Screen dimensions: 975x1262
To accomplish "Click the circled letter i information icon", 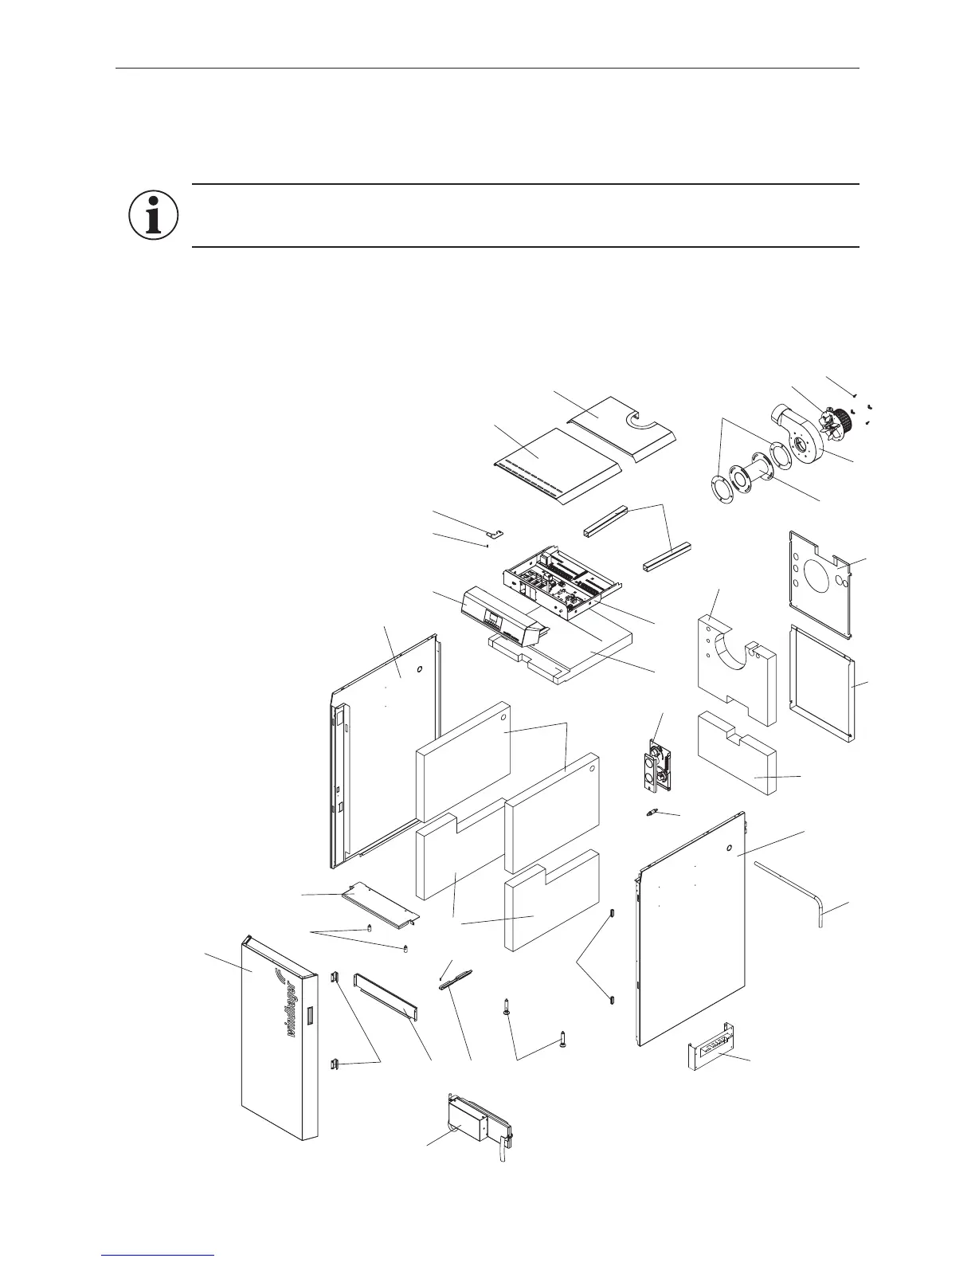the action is point(153,214).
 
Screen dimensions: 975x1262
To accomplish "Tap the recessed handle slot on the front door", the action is point(310,1016).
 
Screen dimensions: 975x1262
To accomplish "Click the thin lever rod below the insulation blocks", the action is point(456,979).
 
